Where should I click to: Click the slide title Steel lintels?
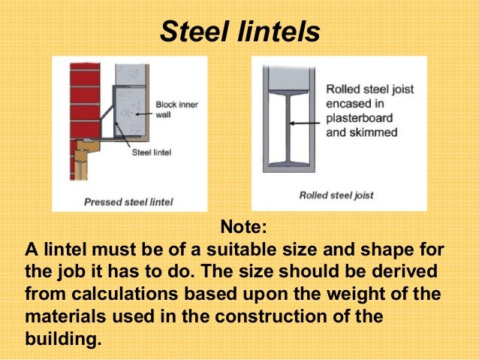click(240, 31)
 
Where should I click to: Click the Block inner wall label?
click(176, 110)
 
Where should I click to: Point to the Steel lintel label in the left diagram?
click(151, 152)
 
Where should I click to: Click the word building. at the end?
click(62, 337)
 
